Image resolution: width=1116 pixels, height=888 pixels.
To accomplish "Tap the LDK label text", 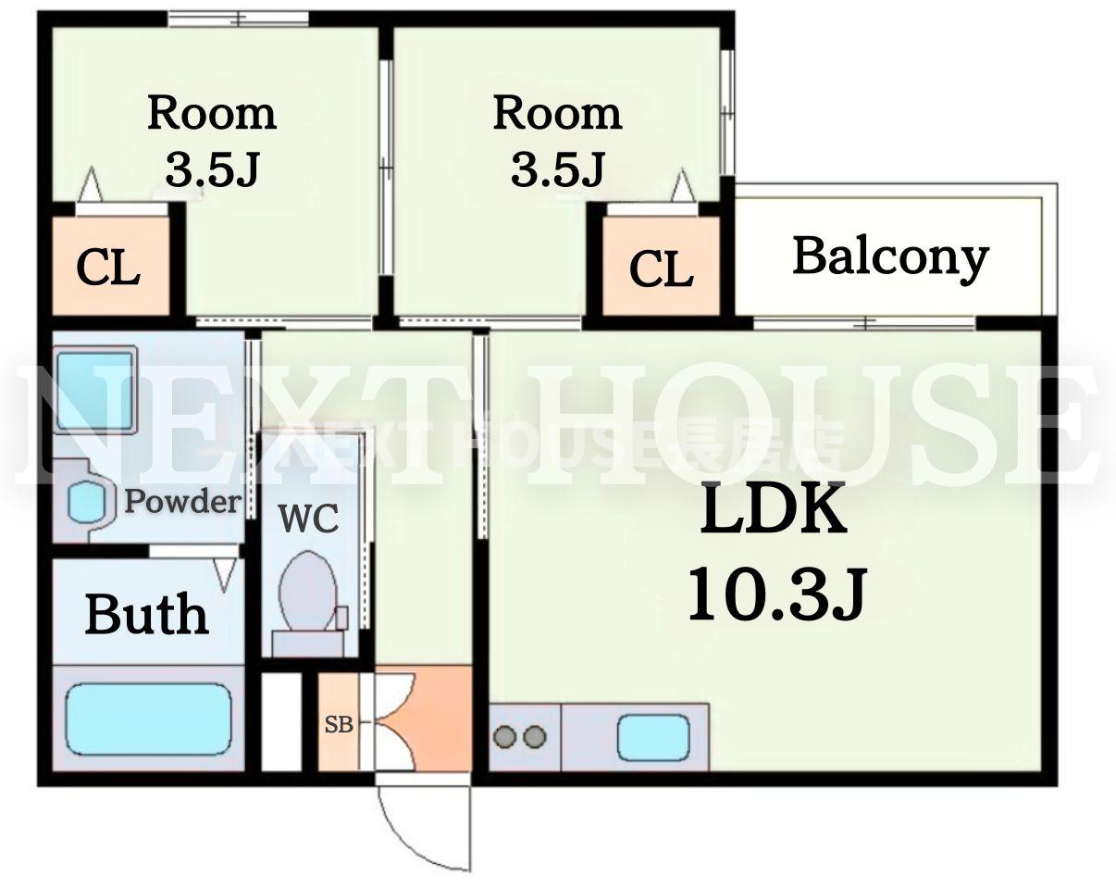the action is coord(773,508).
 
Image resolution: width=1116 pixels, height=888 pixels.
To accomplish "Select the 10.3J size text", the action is coord(776,594).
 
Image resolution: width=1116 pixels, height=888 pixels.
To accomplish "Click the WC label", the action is coord(308,518).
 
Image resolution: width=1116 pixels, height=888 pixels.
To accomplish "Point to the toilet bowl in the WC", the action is coord(307,591).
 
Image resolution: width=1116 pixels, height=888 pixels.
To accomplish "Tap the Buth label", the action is coord(147,615).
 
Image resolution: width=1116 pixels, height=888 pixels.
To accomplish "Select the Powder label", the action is coord(183,502).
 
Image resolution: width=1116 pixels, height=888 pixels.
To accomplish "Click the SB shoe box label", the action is coord(339,724).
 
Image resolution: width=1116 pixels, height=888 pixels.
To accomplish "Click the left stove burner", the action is coord(504,736).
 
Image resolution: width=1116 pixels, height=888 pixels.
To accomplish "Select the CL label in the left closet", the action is coord(108,268).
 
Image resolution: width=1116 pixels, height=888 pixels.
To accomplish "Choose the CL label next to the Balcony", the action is coord(662,269).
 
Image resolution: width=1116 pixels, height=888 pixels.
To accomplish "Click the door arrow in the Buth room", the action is coord(225,574).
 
